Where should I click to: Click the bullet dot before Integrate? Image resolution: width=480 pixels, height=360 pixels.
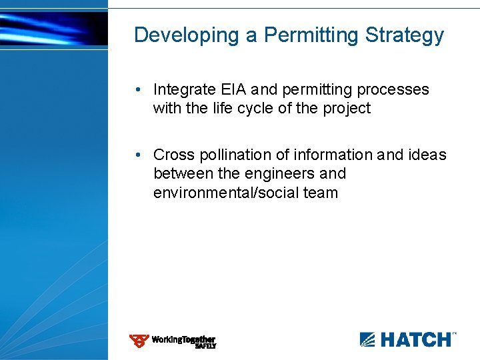(137, 90)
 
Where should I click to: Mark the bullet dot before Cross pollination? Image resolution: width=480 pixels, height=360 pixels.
(137, 155)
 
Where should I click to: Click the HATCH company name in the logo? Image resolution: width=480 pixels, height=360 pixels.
(415, 339)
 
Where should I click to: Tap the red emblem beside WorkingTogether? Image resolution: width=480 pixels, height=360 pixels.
(139, 341)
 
